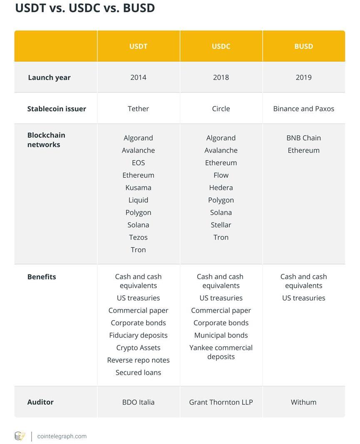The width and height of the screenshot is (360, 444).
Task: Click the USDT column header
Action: pyautogui.click(x=138, y=46)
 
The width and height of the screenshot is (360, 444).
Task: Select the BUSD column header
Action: pyautogui.click(x=303, y=46)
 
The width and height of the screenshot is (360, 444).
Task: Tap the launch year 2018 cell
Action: pyautogui.click(x=221, y=77)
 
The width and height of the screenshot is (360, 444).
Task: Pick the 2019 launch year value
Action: pyautogui.click(x=303, y=77)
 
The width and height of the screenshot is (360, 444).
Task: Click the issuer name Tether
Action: pyautogui.click(x=138, y=109)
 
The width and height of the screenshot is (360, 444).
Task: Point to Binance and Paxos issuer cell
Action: pyautogui.click(x=303, y=109)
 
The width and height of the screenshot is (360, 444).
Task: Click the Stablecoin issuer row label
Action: pyautogui.click(x=57, y=109)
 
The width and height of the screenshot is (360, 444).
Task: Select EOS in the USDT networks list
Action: pyautogui.click(x=138, y=163)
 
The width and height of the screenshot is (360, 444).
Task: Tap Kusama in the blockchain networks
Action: pyautogui.click(x=138, y=187)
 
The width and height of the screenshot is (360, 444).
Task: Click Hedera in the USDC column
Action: pyautogui.click(x=221, y=187)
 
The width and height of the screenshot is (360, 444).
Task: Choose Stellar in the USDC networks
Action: pyautogui.click(x=221, y=225)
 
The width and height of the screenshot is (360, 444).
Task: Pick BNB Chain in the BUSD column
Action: pyautogui.click(x=303, y=138)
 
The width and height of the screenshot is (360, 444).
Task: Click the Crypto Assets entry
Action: pyautogui.click(x=138, y=348)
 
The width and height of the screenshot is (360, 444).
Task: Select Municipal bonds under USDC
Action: pyautogui.click(x=221, y=335)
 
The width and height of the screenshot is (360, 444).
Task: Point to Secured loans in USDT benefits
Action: pyautogui.click(x=138, y=373)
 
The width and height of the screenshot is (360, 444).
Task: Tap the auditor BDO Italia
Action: pyautogui.click(x=138, y=402)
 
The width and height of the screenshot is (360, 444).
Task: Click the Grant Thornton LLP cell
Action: pyautogui.click(x=221, y=402)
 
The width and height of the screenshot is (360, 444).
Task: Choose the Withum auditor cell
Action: pyautogui.click(x=303, y=402)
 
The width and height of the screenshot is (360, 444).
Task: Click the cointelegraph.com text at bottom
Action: pyautogui.click(x=62, y=436)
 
